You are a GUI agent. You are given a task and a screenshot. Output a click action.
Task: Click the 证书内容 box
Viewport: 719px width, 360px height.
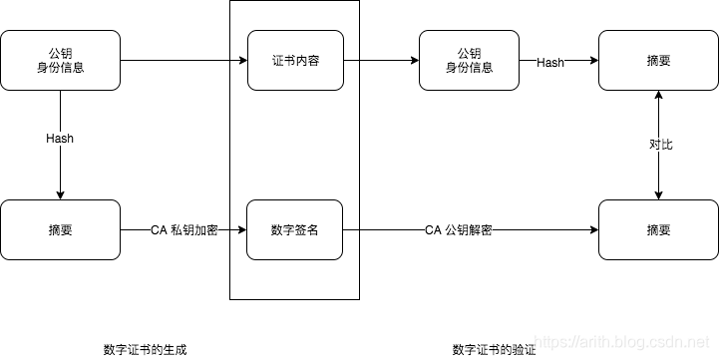pos(294,60)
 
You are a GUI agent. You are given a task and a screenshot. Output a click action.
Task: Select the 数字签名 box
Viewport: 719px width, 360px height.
pos(294,229)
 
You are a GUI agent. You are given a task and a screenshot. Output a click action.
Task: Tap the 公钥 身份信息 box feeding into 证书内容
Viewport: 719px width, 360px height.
pos(61,60)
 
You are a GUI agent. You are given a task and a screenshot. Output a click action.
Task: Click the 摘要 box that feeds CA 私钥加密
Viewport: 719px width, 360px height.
pos(61,229)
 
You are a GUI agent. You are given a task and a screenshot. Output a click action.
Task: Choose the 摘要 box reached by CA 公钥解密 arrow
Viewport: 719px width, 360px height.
pos(658,229)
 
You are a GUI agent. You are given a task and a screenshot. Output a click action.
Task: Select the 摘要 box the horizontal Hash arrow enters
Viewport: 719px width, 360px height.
pos(658,60)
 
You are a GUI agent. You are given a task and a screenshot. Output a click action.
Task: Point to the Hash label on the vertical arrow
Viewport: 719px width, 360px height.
pos(60,138)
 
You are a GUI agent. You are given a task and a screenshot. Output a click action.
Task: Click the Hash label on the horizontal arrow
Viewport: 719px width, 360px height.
pos(550,62)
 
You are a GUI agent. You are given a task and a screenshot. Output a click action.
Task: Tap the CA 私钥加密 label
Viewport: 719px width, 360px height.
pos(184,230)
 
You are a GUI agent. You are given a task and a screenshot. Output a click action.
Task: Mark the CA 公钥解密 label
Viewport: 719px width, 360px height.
pos(458,230)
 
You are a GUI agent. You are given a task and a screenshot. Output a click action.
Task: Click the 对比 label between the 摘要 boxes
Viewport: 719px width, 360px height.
pos(660,145)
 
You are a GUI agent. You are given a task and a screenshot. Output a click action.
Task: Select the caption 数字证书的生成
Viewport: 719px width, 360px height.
pos(145,349)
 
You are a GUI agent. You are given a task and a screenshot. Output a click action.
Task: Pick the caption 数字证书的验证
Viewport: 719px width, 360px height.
pos(494,349)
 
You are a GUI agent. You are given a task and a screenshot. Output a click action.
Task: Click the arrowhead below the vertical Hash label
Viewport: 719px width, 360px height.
pos(61,194)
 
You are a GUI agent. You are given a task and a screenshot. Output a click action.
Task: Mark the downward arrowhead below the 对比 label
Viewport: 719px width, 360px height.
pos(658,194)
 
